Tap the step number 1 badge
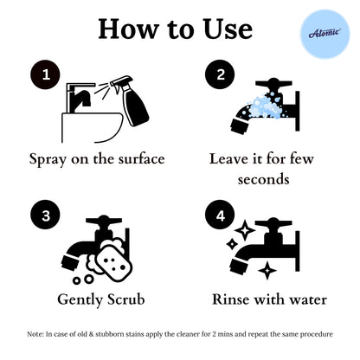tap(45, 75)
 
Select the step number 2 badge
tap(220, 75)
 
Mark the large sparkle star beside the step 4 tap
tap(244, 231)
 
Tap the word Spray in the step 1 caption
tap(49, 160)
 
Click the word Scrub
tap(124, 299)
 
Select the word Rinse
tap(235, 299)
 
